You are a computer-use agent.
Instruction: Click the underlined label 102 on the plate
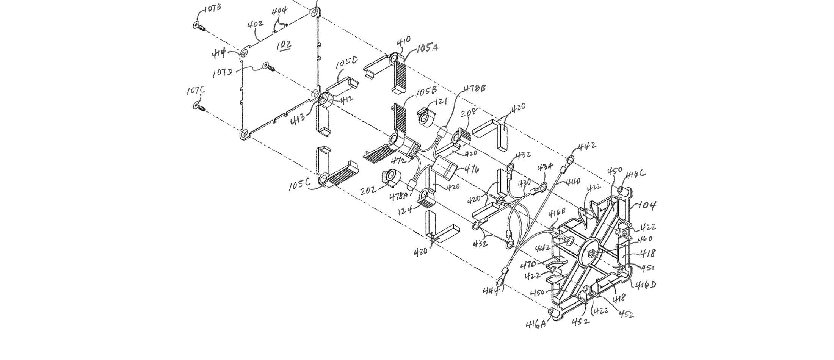click(x=284, y=45)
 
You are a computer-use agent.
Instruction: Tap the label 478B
click(x=475, y=89)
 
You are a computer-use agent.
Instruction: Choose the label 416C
click(x=635, y=175)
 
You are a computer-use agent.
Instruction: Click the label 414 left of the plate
click(x=219, y=54)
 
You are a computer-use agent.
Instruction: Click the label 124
click(x=405, y=209)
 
